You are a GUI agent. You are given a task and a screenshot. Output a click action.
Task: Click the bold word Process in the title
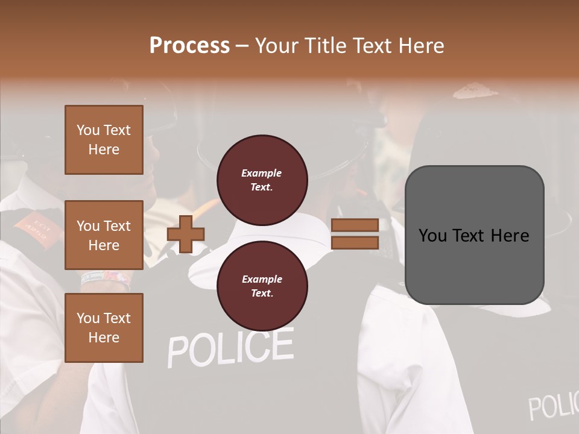189,45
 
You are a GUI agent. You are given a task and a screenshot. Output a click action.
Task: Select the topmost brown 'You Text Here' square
104,140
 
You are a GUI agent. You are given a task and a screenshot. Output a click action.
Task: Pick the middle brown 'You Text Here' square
104,235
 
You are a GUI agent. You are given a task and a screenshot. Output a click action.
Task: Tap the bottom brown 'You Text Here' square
104,327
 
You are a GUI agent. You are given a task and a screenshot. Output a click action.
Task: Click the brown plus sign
185,234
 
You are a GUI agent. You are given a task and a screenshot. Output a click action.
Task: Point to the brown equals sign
355,234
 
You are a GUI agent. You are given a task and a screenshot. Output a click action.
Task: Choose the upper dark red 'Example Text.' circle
262,180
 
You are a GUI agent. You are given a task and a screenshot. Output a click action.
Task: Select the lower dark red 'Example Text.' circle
262,286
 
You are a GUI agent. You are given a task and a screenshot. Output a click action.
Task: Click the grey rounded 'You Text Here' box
474,235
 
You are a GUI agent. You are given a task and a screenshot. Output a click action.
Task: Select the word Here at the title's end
422,46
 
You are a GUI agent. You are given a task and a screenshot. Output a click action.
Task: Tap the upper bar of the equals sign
355,225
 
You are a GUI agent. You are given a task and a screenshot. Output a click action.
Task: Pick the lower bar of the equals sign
355,242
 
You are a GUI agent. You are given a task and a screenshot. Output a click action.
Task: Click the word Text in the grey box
474,236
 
